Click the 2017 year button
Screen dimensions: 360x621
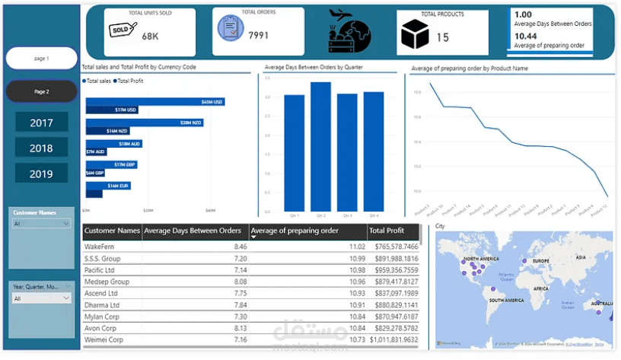pos(41,123)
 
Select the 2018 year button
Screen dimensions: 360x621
pos(41,148)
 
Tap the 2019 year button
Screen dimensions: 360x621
pos(41,174)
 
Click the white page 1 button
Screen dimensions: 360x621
pos(41,59)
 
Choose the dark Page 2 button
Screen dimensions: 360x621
pos(41,91)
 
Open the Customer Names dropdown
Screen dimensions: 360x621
pos(41,224)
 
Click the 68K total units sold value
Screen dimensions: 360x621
pos(151,36)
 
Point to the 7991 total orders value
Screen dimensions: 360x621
pos(259,34)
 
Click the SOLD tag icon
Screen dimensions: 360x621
pos(122,30)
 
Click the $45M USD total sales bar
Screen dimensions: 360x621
pos(155,101)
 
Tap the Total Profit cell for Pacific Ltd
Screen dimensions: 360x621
pos(393,270)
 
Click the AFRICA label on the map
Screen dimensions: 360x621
pos(541,289)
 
